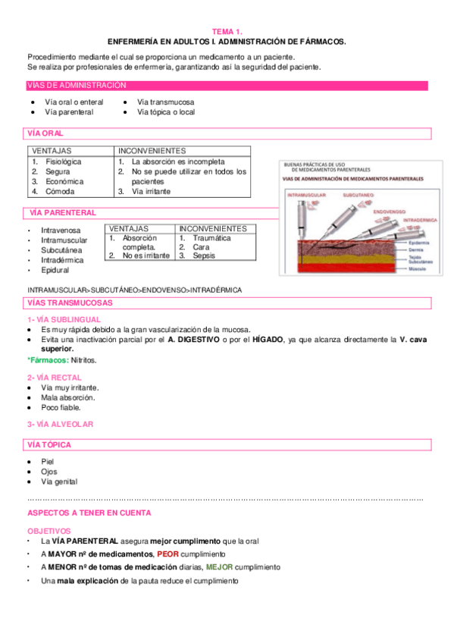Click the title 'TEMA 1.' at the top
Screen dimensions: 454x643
(x=227, y=32)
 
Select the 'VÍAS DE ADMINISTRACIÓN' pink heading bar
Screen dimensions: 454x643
(x=77, y=86)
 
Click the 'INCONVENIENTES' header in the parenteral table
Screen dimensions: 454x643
(x=213, y=228)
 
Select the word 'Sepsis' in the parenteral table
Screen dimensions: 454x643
(x=204, y=256)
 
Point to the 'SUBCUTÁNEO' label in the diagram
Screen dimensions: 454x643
(x=360, y=194)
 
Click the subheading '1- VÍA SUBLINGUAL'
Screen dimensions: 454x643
(x=61, y=320)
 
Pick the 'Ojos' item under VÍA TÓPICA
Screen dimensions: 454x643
(x=49, y=472)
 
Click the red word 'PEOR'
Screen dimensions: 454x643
(x=168, y=554)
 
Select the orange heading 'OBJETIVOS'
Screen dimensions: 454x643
(x=49, y=532)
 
